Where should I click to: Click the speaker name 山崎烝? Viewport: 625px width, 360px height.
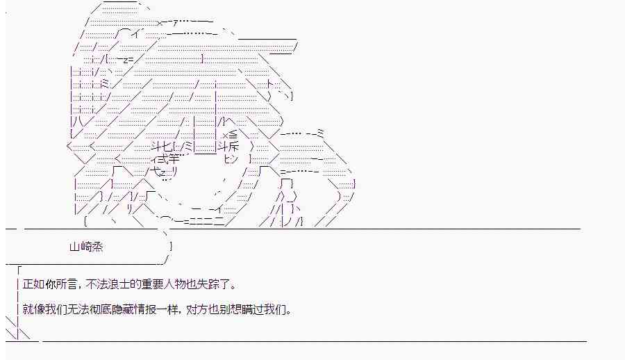pyautogui.click(x=86, y=246)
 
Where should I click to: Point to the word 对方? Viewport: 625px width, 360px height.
pyautogui.click(x=199, y=309)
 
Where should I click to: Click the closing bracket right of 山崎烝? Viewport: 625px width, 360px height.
pyautogui.click(x=171, y=246)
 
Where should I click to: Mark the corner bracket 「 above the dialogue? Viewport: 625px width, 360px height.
pyautogui.click(x=20, y=270)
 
